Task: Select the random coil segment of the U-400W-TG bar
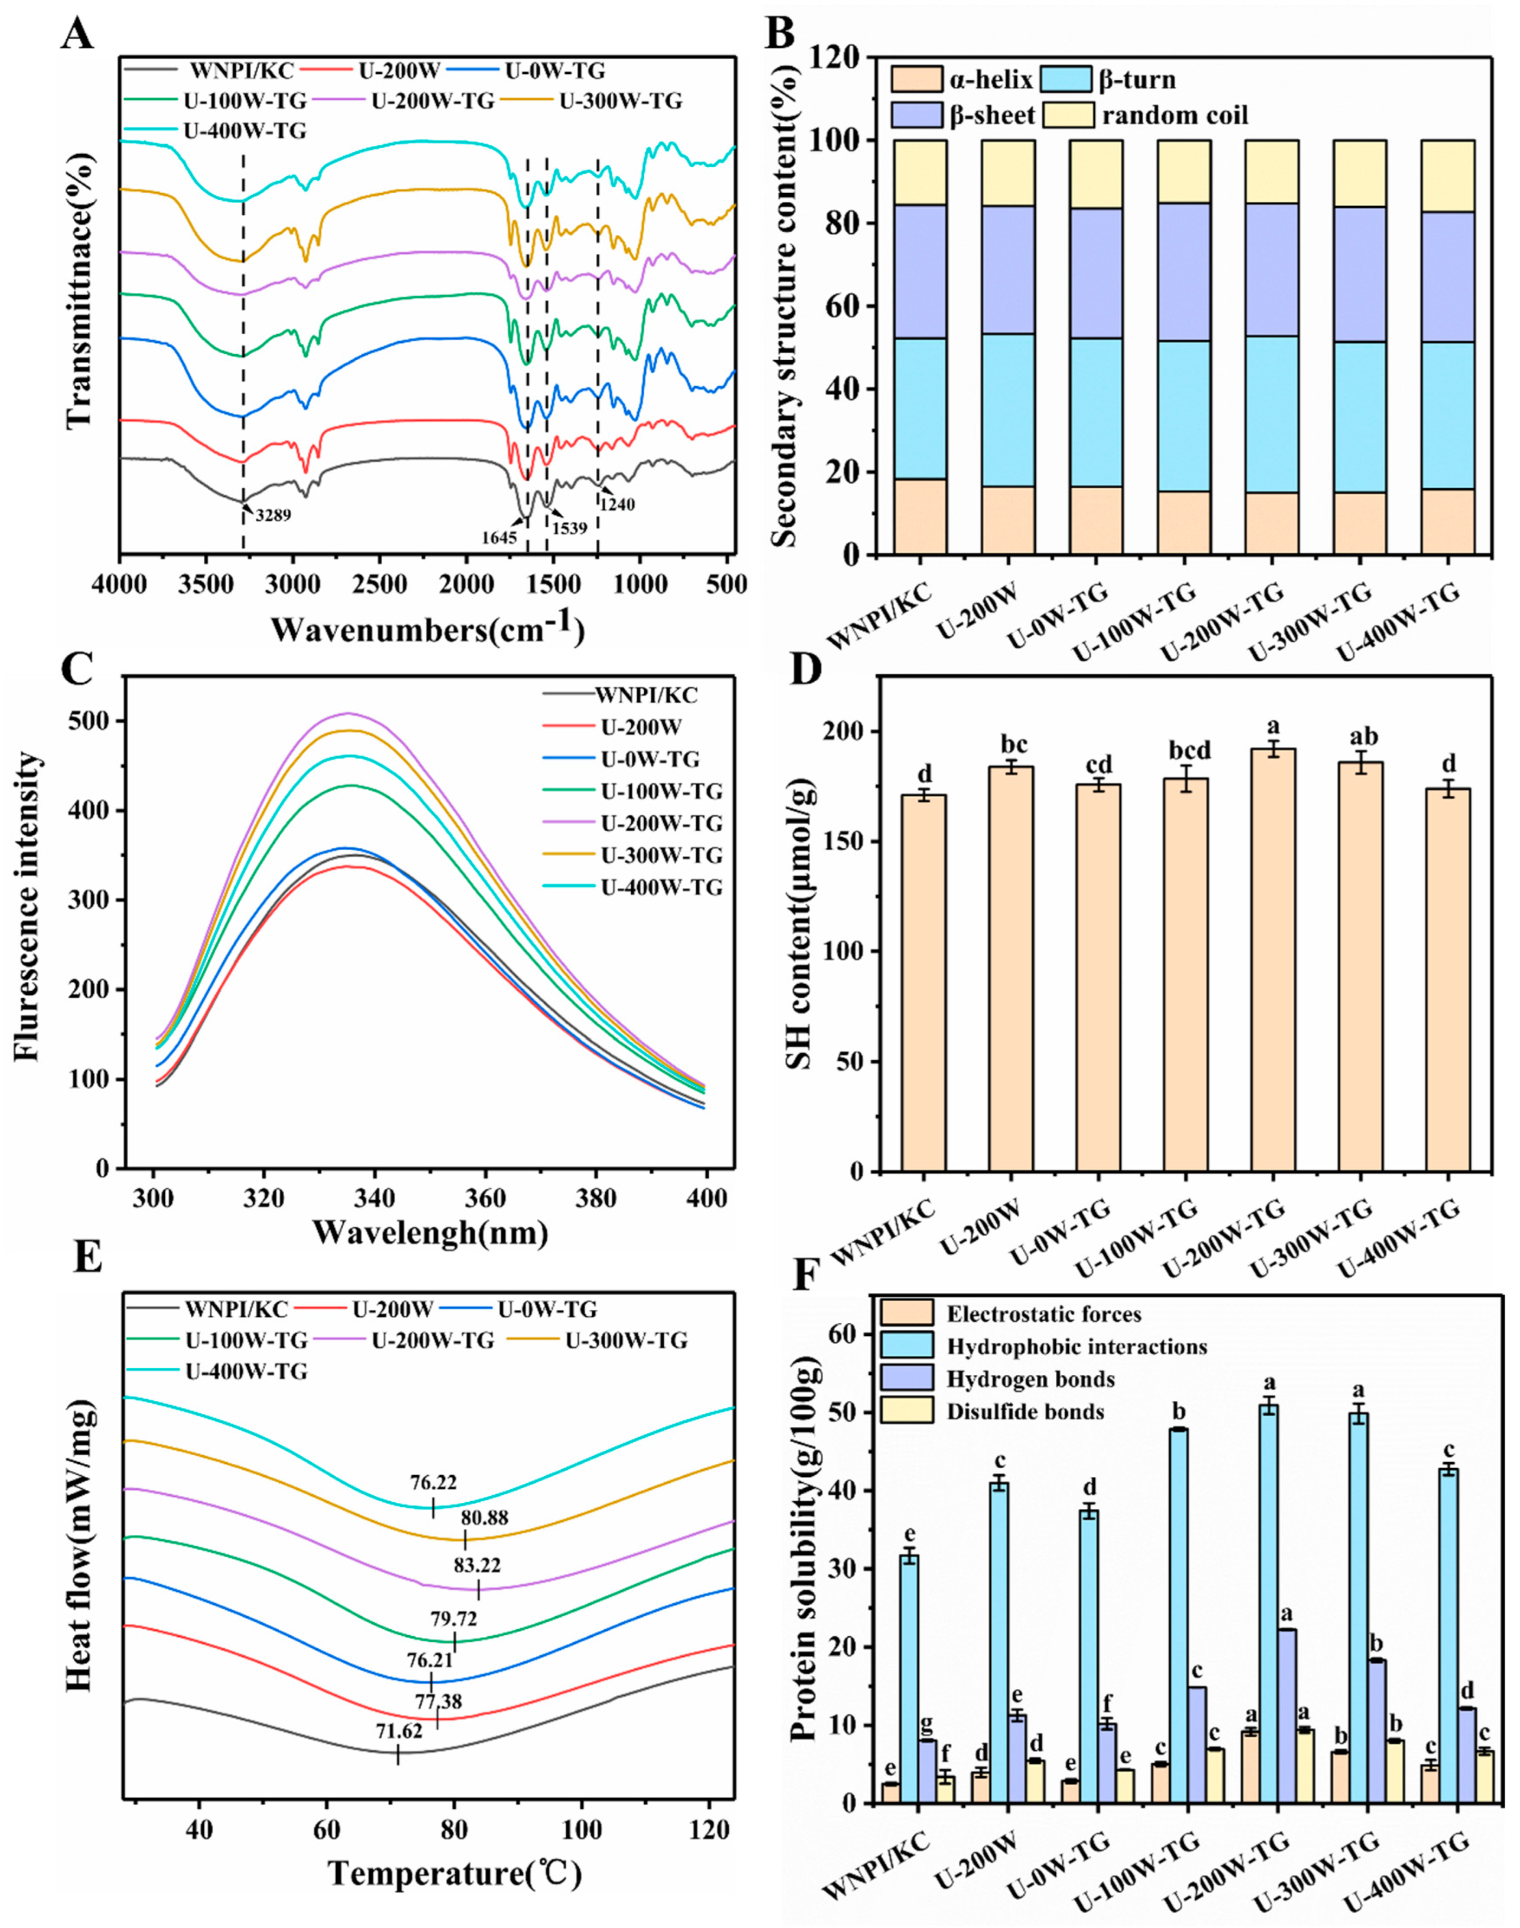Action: click(x=1447, y=176)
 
